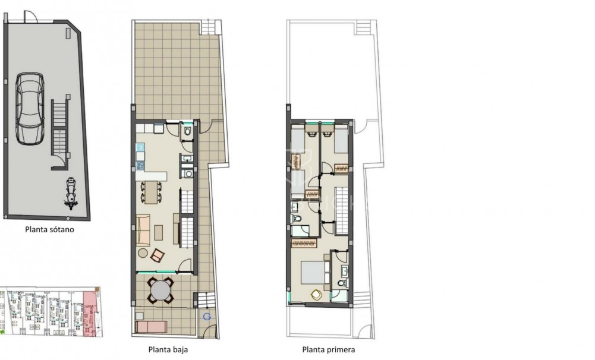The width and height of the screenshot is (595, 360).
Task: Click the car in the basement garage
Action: click(x=30, y=109)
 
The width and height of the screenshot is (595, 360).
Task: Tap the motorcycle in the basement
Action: click(x=71, y=194)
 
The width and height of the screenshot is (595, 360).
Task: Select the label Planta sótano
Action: click(x=49, y=229)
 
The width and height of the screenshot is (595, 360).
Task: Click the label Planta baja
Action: click(x=168, y=349)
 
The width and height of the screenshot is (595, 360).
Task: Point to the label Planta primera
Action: click(x=329, y=349)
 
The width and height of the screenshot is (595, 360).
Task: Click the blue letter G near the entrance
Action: click(x=207, y=317)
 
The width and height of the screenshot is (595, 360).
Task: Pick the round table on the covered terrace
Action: click(x=160, y=291)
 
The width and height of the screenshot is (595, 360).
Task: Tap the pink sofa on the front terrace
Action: click(x=151, y=327)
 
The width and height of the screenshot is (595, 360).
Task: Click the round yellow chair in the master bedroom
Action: click(x=316, y=295)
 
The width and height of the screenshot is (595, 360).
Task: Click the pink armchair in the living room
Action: click(x=157, y=256)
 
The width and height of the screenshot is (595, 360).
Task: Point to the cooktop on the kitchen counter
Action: click(x=140, y=165)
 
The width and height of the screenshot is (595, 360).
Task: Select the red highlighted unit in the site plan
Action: click(x=89, y=313)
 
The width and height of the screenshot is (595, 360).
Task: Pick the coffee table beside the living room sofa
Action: click(x=159, y=232)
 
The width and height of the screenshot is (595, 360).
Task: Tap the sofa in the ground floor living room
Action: click(x=143, y=229)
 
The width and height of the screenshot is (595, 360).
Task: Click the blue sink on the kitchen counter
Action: click(x=140, y=146)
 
